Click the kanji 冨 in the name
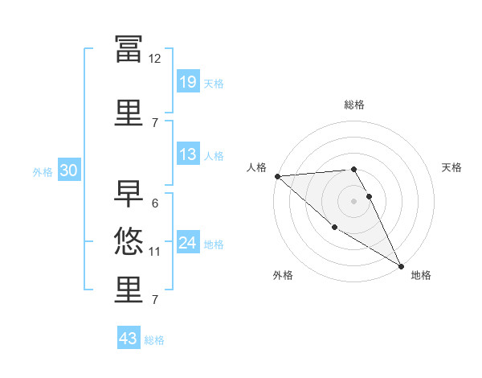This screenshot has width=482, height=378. [x=129, y=49]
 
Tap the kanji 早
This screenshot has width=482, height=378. [x=129, y=194]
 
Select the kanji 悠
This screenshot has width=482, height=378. [x=129, y=241]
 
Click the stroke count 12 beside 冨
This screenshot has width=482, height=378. [x=154, y=59]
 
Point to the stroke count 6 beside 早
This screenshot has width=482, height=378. [x=155, y=203]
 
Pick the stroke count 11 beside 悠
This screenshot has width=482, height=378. [x=154, y=252]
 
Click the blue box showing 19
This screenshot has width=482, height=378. [x=188, y=81]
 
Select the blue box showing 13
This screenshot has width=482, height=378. [x=188, y=154]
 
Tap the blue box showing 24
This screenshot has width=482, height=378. [x=188, y=241]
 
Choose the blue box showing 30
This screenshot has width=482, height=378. [x=69, y=170]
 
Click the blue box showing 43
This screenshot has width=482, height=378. [x=129, y=337]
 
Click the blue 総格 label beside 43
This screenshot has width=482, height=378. [x=154, y=340]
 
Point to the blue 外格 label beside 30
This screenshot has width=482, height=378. [x=43, y=172]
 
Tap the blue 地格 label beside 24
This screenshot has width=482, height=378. [x=214, y=244]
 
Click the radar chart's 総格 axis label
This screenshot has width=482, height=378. [x=354, y=105]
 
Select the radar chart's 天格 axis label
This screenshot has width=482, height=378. [x=451, y=167]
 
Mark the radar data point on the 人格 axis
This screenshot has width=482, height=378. [x=278, y=176]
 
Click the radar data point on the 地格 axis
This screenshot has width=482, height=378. [x=401, y=266]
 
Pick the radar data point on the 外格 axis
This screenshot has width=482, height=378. [x=334, y=227]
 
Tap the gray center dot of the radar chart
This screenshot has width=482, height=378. [x=353, y=201]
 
